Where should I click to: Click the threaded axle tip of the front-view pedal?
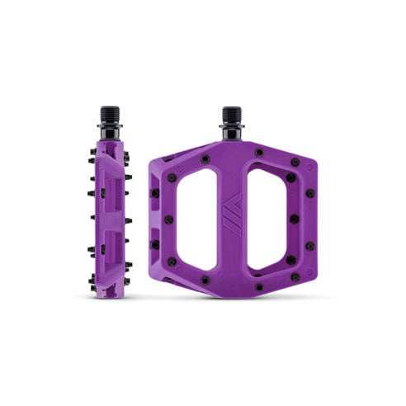tap(231, 115)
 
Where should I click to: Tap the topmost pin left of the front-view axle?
tap(205, 158)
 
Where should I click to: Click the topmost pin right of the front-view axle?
tap(259, 153)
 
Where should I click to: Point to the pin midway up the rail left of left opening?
tap(169, 220)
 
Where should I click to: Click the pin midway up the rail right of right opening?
tap(293, 220)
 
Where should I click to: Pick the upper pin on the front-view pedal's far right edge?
tap(309, 193)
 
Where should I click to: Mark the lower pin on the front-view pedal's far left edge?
tap(155, 244)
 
